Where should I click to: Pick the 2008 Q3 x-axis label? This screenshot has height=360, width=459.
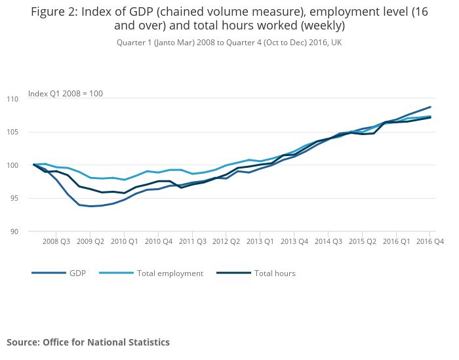[56, 241]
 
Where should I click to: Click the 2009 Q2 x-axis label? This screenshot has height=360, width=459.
[90, 241]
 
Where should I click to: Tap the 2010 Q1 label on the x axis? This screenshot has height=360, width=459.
[124, 241]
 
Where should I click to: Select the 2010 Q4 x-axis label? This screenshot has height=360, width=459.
[158, 241]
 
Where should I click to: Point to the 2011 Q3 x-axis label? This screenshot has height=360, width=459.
[192, 241]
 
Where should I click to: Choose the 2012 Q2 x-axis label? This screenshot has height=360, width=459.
[226, 241]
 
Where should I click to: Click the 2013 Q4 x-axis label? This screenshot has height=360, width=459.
[294, 241]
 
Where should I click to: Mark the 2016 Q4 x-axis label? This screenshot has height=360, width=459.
[431, 241]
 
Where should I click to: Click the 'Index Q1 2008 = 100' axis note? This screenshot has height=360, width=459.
[66, 94]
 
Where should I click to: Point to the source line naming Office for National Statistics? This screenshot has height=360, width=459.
[88, 342]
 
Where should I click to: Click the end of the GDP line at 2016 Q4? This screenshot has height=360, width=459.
[431, 107]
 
